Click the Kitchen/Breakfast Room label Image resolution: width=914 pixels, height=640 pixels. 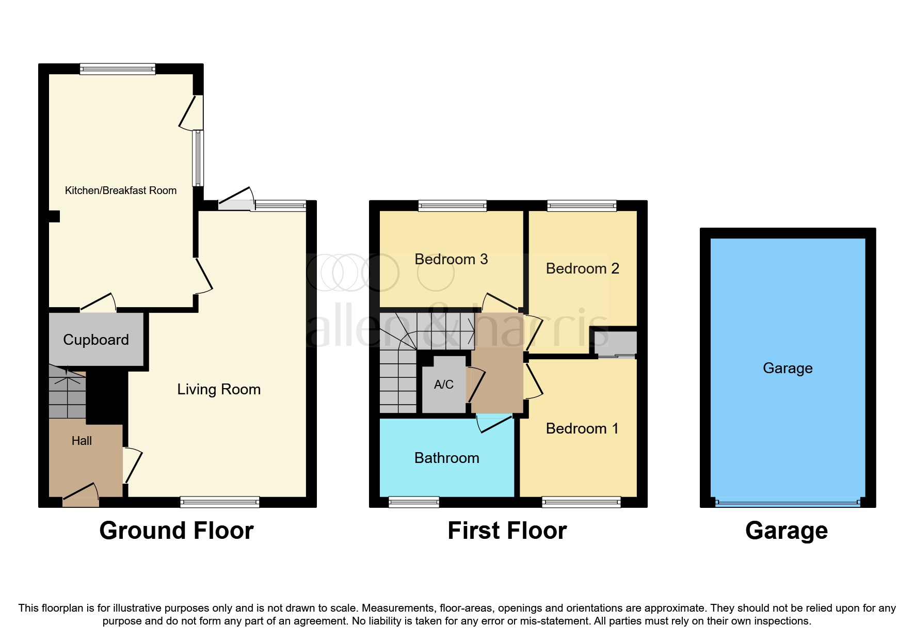click(120, 190)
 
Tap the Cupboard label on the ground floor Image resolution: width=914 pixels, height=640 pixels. click(96, 340)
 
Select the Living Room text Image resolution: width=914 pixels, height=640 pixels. click(219, 389)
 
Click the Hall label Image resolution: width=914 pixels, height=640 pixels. click(82, 441)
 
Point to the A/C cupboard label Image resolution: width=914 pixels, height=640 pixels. click(443, 385)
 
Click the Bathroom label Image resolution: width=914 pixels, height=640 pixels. click(446, 458)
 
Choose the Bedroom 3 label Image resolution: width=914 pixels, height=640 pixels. click(451, 259)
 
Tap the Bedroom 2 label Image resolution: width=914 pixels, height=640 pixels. click(582, 268)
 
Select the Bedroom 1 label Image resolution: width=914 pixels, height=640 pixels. click(582, 428)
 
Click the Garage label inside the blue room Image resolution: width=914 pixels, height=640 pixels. click(788, 368)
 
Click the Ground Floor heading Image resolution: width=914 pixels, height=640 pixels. click(177, 531)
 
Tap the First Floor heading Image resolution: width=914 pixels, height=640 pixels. click(507, 531)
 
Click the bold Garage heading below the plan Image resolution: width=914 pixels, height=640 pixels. click(786, 531)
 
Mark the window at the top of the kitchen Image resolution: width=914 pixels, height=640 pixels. click(118, 69)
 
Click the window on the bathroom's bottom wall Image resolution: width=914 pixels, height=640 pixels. click(413, 502)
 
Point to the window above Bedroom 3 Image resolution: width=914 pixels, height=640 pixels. click(452, 205)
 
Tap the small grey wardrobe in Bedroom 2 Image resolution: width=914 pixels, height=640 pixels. click(616, 342)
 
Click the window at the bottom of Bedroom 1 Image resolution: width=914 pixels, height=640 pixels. click(581, 502)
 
